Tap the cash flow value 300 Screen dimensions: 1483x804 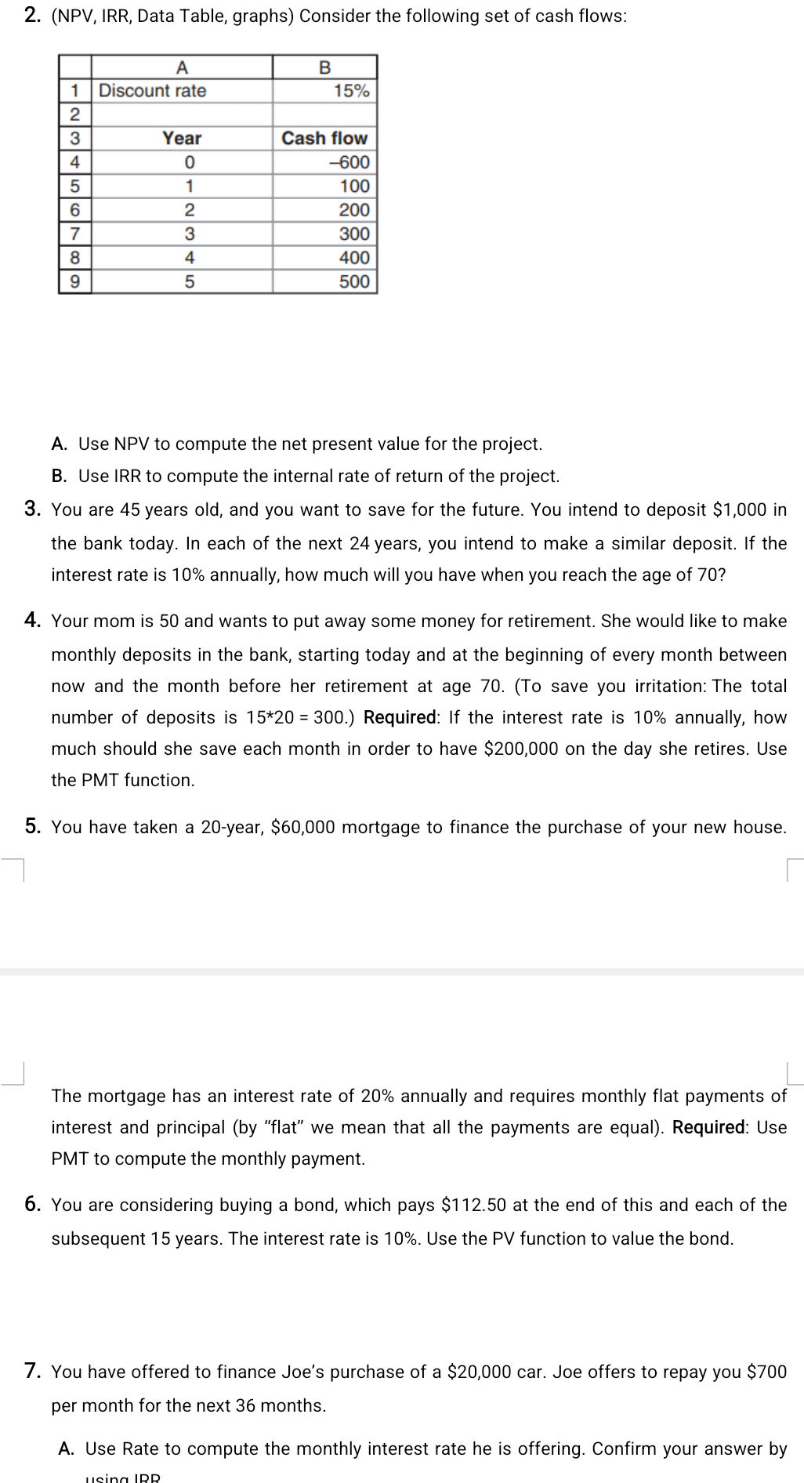coord(353,234)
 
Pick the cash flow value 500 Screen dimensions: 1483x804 coord(353,281)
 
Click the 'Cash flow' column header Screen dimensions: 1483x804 coord(324,138)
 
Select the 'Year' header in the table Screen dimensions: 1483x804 coord(182,138)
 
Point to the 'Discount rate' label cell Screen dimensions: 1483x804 coord(153,91)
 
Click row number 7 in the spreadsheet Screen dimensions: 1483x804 coord(74,234)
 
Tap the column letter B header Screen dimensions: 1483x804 coord(324,67)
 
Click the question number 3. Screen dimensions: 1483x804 coord(32,509)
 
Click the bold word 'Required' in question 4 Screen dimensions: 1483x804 coord(400,717)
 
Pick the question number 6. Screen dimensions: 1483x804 coord(32,1205)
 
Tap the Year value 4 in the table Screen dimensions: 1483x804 coord(189,258)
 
